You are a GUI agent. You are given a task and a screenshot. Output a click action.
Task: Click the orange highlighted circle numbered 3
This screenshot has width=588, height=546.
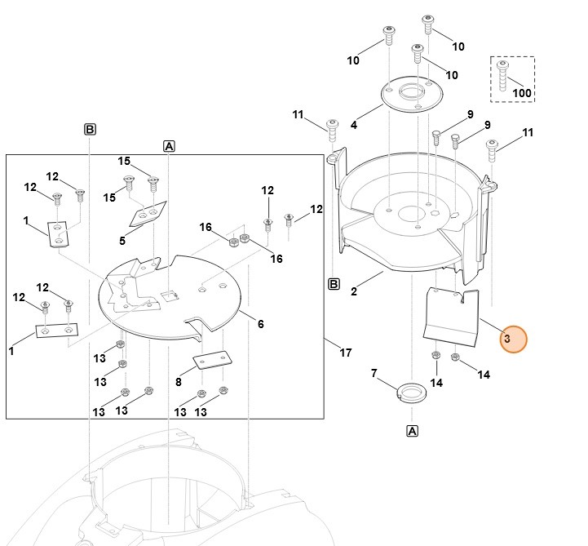[513, 339]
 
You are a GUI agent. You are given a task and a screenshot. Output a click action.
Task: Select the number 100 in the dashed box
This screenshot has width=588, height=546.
[521, 93]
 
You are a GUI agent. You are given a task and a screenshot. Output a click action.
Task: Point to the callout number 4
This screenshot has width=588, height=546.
[354, 125]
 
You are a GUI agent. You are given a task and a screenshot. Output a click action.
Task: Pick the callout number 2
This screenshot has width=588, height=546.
[354, 291]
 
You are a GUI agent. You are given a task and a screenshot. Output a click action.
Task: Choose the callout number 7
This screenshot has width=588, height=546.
[374, 373]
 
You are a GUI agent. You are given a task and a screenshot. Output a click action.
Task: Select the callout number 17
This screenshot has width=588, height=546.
[346, 353]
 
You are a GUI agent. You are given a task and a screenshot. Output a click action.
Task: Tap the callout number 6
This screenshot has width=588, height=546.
[260, 324]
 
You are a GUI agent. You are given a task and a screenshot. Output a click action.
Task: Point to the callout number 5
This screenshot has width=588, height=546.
[122, 241]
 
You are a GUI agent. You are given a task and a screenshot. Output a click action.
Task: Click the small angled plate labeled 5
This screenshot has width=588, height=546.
[148, 215]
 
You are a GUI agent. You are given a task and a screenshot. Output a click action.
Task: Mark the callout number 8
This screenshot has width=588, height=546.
[179, 380]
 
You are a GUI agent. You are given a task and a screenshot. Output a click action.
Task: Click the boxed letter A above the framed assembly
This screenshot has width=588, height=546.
[170, 146]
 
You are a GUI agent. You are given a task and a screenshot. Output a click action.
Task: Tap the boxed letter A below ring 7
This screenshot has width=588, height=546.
[412, 430]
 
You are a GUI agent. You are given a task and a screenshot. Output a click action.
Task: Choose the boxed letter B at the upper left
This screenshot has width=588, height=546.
[90, 129]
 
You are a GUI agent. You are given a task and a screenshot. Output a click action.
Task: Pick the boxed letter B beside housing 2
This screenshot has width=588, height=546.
[334, 284]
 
